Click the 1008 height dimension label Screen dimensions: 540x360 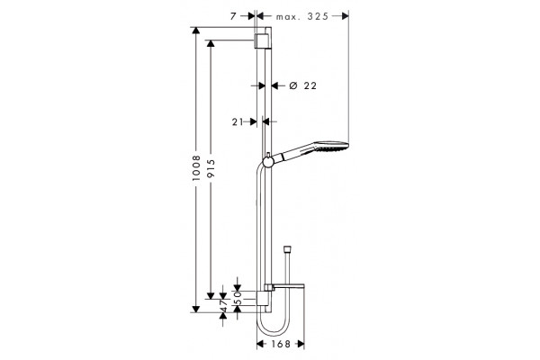[196, 168]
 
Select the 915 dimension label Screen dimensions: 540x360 [211, 168]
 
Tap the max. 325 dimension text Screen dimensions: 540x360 [302, 16]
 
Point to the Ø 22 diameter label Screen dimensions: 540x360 [302, 85]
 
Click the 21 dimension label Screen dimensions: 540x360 [238, 121]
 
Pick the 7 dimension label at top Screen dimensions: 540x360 [233, 16]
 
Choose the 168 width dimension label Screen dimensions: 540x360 [281, 344]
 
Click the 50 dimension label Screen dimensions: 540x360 [238, 297]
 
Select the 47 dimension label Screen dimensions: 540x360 [223, 305]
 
